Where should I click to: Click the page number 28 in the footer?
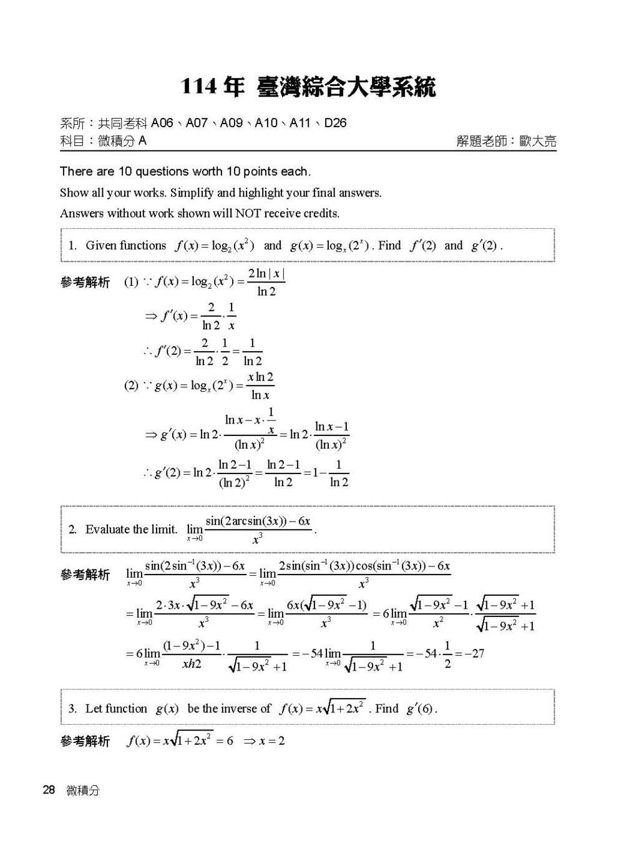click(49, 790)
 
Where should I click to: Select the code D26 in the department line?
click(335, 123)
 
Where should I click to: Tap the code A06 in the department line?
click(162, 123)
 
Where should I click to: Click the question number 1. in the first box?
click(73, 246)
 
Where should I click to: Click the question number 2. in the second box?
click(73, 530)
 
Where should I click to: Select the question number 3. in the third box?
click(73, 709)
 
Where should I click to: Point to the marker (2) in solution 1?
click(131, 386)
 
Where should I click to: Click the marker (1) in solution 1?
click(131, 282)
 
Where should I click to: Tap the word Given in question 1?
click(100, 246)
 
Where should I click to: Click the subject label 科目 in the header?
click(72, 141)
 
